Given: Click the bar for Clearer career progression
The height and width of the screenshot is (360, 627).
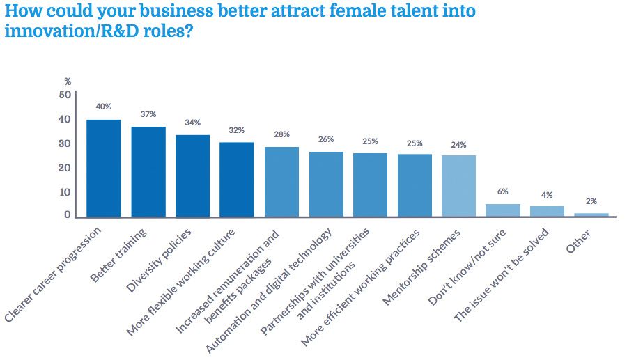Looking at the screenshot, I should (x=103, y=168).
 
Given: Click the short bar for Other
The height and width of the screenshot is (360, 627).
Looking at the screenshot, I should (x=591, y=214).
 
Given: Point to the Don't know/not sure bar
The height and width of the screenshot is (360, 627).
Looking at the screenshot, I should (x=503, y=210).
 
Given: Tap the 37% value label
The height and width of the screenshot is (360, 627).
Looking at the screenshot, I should (x=148, y=114).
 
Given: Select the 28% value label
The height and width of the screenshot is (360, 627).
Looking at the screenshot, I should (x=281, y=134).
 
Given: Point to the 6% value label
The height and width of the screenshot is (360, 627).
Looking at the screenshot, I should (x=503, y=191).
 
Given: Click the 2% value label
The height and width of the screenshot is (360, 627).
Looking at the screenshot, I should (x=591, y=201).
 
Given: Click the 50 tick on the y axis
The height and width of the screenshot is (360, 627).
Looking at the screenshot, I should (x=65, y=95).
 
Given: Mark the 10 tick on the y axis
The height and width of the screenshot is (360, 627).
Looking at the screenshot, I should (x=65, y=191).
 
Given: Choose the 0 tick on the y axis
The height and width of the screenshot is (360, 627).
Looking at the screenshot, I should (x=68, y=215).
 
